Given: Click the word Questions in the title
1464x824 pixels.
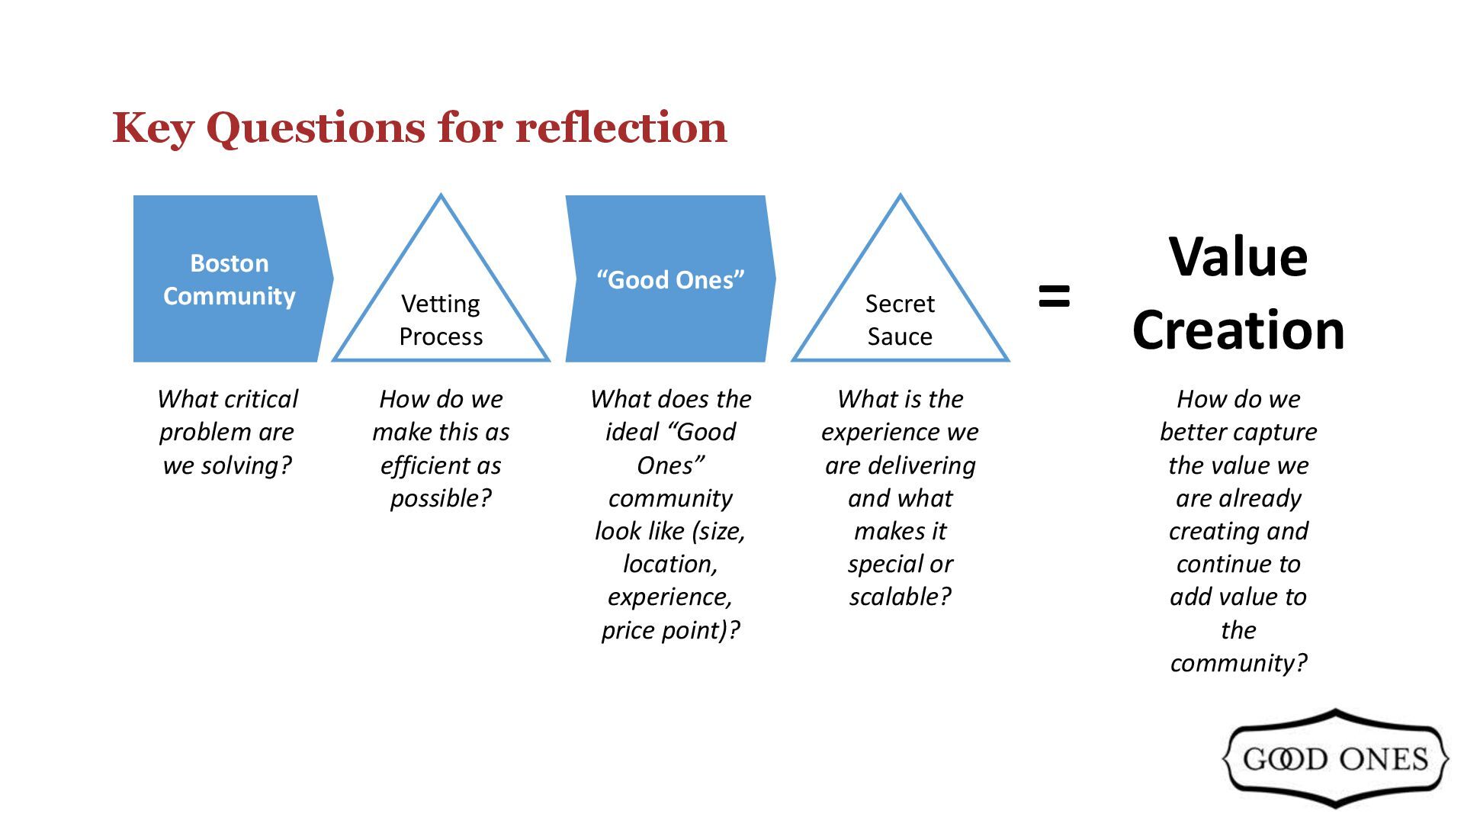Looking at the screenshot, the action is [315, 128].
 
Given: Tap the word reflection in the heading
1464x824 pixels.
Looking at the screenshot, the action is [621, 127].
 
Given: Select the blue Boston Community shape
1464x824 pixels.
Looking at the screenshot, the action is [230, 279].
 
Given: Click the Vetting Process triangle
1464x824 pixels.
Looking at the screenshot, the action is [441, 305].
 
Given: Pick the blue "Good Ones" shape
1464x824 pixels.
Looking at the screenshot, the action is [669, 279].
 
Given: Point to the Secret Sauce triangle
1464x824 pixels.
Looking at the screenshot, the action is [900, 305].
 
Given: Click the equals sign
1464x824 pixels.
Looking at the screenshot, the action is [1055, 296].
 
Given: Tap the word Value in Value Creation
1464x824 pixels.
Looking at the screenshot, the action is [1238, 257].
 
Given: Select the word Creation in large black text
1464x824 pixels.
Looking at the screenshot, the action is [1238, 330].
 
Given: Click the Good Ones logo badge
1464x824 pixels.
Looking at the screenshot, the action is [1334, 758].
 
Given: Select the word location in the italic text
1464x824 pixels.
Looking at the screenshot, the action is [669, 564].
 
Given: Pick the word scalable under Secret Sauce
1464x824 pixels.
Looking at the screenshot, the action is [900, 597].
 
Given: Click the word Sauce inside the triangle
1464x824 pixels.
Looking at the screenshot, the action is [900, 336].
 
